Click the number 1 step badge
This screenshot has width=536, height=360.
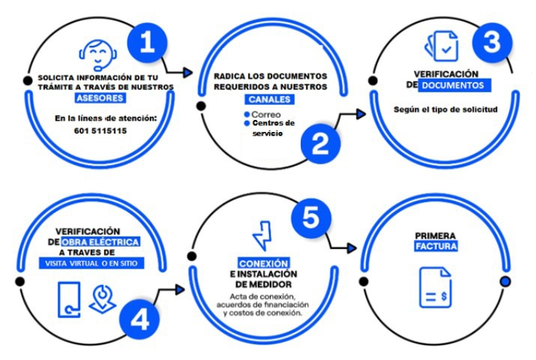coord(148,43)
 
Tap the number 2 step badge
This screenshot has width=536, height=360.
coord(320,144)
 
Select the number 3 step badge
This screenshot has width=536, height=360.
coord(492,43)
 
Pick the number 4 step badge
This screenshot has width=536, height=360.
coord(139,320)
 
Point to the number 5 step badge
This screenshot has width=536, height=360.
coord(310,218)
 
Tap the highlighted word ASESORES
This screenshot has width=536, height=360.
coord(100,98)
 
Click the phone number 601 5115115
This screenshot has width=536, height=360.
coord(100,131)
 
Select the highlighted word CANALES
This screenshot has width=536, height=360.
coord(269,100)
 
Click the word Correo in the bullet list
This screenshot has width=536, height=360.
coord(266,115)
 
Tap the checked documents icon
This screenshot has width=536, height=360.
coord(442,46)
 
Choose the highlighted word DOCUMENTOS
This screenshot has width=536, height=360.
coord(454,85)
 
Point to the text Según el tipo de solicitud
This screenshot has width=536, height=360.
coord(445,109)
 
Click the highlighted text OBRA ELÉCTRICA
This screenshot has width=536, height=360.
coord(100,242)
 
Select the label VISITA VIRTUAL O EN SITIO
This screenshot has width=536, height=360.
coord(91,263)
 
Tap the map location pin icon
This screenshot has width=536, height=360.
coord(102,300)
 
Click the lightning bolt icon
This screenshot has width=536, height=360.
coord(262,235)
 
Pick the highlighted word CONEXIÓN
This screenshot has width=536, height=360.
coord(264,263)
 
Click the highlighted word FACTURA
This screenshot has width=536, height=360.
coord(436,246)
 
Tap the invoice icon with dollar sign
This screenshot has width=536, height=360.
coord(435,287)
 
